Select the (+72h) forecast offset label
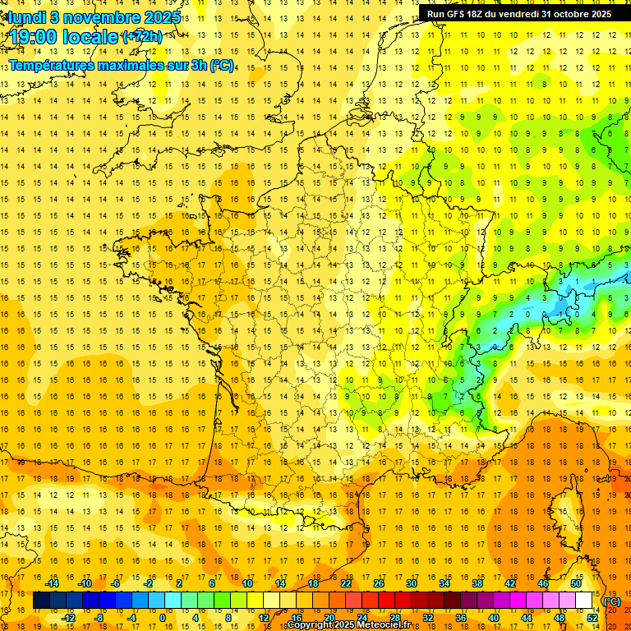click(x=141, y=37)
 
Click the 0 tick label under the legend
click(x=163, y=618)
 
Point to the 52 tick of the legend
click(x=592, y=618)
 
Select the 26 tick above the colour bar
click(x=379, y=583)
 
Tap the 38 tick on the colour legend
click(x=477, y=583)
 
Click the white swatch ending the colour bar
click(x=584, y=601)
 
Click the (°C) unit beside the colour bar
click(x=612, y=601)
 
